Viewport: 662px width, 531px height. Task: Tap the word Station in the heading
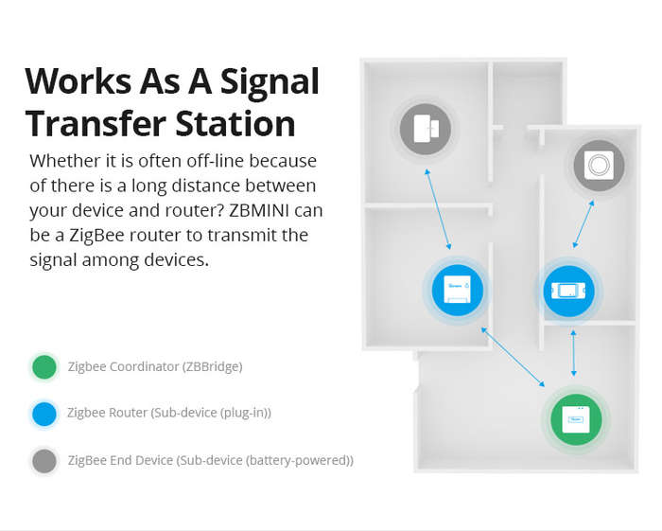(x=235, y=123)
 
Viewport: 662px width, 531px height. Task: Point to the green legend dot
(x=44, y=366)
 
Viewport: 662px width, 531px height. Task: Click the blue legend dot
(x=44, y=414)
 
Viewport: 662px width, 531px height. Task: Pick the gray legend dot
(x=44, y=461)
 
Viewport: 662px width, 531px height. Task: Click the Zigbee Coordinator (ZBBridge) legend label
(x=155, y=366)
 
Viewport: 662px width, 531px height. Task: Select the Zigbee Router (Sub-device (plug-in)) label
(x=169, y=413)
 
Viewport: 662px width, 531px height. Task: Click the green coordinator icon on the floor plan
(x=576, y=419)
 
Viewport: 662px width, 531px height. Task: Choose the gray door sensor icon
(x=426, y=129)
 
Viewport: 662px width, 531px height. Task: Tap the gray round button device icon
(x=599, y=166)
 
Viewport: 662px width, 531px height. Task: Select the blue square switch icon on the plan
(x=458, y=290)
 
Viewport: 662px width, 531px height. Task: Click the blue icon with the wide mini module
(x=568, y=291)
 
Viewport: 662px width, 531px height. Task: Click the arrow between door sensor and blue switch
(x=438, y=209)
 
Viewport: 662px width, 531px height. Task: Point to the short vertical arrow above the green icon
(x=573, y=353)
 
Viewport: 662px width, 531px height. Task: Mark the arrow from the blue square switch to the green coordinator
(x=513, y=357)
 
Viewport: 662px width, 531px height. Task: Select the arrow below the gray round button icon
(x=584, y=224)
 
